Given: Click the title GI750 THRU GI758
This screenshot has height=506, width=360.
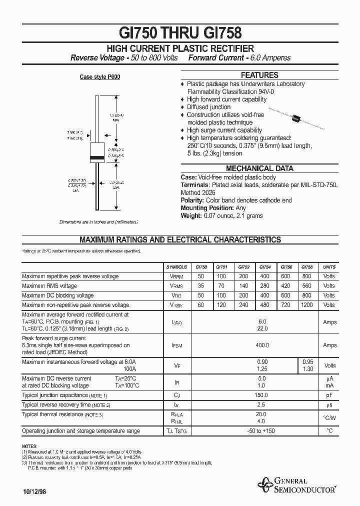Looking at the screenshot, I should (x=180, y=32).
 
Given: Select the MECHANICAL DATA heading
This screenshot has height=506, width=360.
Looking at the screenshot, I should (x=259, y=168).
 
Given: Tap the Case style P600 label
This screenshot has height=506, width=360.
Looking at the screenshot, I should (x=100, y=77).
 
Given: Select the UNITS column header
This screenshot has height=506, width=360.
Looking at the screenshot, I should (x=329, y=267).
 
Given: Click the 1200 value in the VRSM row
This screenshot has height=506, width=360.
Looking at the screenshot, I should (x=307, y=304).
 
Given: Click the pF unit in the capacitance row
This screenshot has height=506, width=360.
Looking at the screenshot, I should (x=329, y=395).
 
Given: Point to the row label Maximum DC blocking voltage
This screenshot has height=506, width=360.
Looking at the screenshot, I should (x=57, y=295).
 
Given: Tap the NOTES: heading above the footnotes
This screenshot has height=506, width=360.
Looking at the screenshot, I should (x=29, y=445).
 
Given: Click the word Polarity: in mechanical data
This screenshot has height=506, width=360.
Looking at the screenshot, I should (x=192, y=200).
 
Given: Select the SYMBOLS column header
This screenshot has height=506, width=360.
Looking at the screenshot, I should (x=176, y=267).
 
